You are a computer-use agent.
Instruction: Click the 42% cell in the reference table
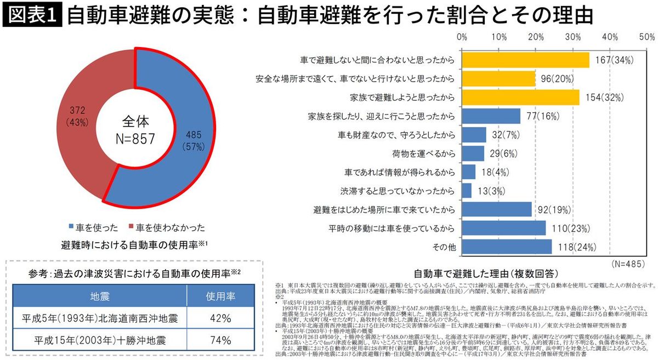coord(220,318)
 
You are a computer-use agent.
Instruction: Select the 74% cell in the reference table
coord(220,340)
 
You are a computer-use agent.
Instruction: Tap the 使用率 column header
coord(220,296)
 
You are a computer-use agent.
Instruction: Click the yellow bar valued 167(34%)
coord(525,60)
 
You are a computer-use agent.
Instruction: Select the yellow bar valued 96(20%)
coord(498,78)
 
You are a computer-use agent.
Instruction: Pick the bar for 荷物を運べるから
coord(473,153)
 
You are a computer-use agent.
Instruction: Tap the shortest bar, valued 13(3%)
coord(467,191)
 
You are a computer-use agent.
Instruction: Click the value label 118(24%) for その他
coord(576,247)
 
